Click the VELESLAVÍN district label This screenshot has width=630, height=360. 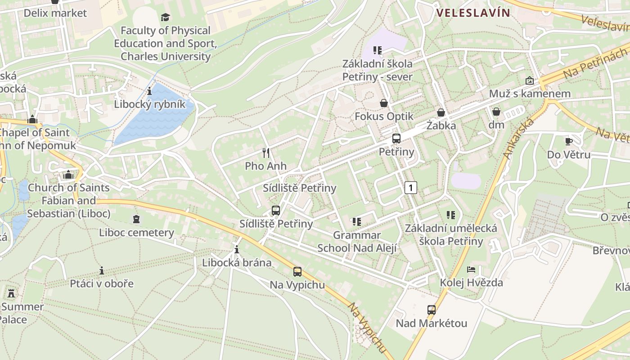click(x=473, y=13)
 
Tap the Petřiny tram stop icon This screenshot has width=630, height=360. click(x=396, y=139)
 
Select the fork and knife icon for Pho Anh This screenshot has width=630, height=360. click(x=266, y=153)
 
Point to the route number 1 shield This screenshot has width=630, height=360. click(x=410, y=187)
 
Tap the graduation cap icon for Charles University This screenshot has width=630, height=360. click(x=166, y=18)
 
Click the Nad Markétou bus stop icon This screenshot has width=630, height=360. click(x=431, y=310)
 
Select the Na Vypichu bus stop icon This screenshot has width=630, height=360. click(x=297, y=272)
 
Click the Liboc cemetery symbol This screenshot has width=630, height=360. click(x=136, y=219)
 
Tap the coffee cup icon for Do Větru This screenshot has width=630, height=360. click(x=569, y=141)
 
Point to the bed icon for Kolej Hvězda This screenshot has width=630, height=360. click(x=471, y=270)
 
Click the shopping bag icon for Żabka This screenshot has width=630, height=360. click(x=441, y=112)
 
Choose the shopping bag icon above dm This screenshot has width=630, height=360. click(x=496, y=111)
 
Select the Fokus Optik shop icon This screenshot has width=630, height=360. click(x=383, y=103)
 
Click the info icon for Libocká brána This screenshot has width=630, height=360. click(x=237, y=249)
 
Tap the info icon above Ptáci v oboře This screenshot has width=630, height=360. click(x=102, y=270)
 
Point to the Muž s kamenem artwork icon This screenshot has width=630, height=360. click(x=530, y=81)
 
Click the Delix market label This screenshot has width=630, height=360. click(x=55, y=13)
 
